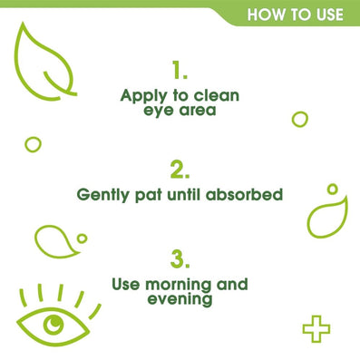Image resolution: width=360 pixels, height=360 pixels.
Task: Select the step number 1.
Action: click(180, 70)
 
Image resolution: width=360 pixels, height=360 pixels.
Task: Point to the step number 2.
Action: click(180, 170)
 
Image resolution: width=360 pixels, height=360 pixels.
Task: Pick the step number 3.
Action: click(180, 259)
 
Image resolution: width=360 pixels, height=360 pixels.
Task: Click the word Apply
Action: click(143, 96)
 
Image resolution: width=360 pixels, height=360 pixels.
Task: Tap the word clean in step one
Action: click(217, 95)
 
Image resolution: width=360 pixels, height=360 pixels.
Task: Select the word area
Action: click(198, 111)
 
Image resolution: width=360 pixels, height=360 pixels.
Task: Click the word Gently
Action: click(102, 195)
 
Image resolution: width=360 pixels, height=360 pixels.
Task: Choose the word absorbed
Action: click(245, 194)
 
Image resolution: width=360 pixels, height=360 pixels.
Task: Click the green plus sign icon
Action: click(316, 329)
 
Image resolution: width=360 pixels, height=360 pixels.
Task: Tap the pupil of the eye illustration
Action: click(54, 323)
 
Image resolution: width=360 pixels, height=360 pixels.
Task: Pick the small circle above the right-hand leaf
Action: click(332, 190)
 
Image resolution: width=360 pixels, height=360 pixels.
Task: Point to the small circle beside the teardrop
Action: click(82, 238)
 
